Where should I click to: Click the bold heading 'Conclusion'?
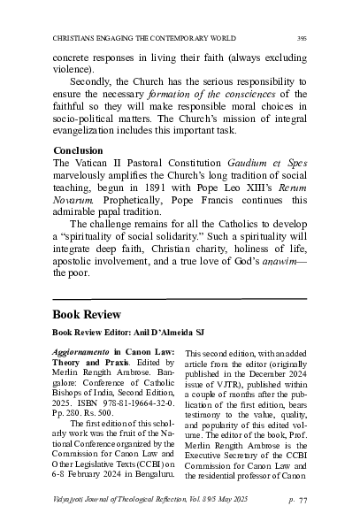[78, 150]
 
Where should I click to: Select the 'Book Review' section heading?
[89, 314]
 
